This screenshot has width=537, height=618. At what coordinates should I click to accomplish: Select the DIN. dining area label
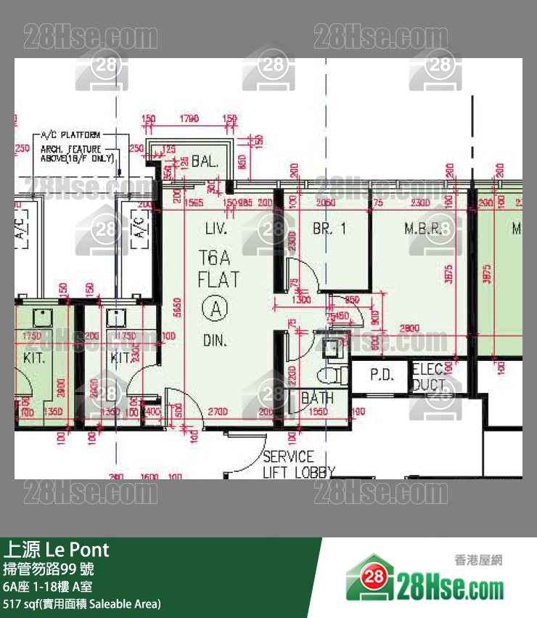215,339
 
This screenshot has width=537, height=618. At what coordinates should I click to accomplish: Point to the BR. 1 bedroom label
329,229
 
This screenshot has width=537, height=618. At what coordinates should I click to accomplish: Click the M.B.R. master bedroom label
424,229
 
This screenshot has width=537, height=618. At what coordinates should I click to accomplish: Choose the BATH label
317,398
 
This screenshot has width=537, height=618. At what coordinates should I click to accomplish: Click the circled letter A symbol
216,309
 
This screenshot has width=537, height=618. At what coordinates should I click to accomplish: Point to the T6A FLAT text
218,268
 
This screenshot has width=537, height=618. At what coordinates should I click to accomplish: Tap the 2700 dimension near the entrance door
218,412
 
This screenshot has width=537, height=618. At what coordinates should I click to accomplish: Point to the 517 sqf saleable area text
82,603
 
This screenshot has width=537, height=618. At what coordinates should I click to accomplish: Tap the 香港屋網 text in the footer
477,560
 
